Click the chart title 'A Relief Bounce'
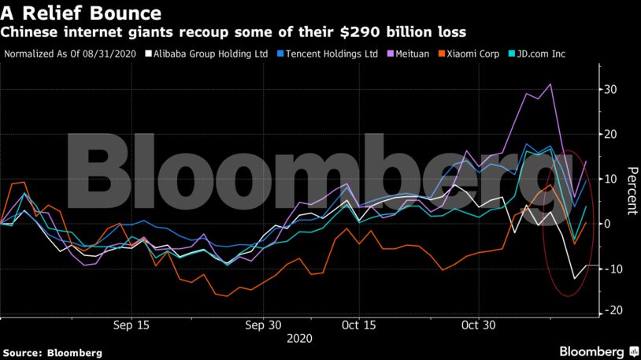(x=82, y=13)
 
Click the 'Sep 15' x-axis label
(x=132, y=325)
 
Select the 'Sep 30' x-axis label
(x=262, y=325)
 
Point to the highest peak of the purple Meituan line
(x=550, y=84)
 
